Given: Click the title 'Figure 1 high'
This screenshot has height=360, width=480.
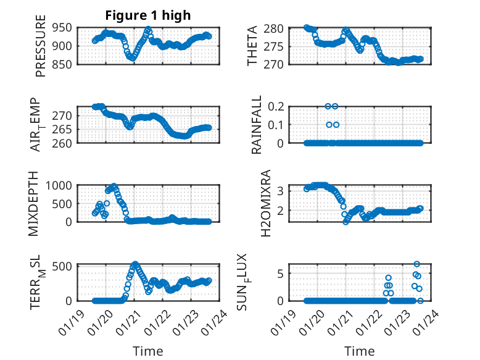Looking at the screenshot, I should [x=147, y=15].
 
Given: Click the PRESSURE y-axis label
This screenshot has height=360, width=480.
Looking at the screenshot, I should [x=41, y=49].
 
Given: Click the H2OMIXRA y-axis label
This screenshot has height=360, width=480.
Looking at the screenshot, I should [x=266, y=203].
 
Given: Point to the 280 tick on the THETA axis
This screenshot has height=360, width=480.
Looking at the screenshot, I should [x=274, y=28].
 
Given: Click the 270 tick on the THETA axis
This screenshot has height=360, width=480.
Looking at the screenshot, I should [x=274, y=64].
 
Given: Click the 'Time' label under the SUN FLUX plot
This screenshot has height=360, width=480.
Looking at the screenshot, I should [x=359, y=351].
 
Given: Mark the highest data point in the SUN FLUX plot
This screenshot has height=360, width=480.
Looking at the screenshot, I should [x=417, y=264].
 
